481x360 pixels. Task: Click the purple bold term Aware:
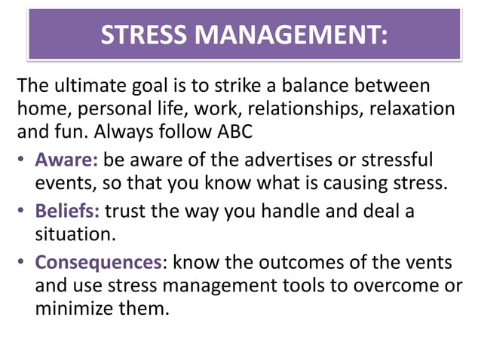coord(66,160)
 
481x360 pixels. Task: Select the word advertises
coord(295,160)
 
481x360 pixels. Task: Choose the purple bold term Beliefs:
coord(67,210)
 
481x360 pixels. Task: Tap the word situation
coord(75,235)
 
